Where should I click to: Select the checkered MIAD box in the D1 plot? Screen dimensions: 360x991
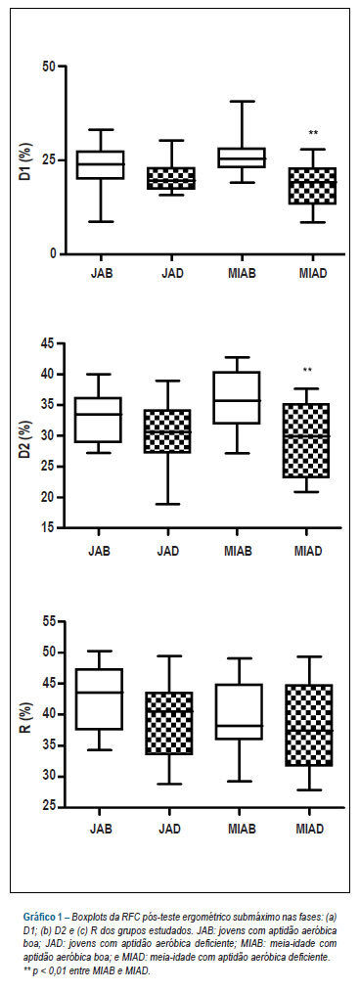click(x=313, y=186)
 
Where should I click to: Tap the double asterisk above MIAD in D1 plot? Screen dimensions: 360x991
click(x=313, y=133)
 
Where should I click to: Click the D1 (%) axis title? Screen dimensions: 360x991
click(x=24, y=159)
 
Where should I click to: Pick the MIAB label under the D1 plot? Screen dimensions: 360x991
click(x=242, y=275)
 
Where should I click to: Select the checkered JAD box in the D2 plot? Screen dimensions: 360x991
click(x=168, y=431)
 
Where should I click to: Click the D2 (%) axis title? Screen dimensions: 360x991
click(x=24, y=436)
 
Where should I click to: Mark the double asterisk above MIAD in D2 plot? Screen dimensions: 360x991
click(x=307, y=371)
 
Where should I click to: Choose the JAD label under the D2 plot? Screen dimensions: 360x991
click(x=168, y=551)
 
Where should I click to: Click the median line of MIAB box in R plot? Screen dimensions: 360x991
click(x=239, y=726)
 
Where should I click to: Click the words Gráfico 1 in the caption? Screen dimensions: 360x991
click(x=45, y=916)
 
